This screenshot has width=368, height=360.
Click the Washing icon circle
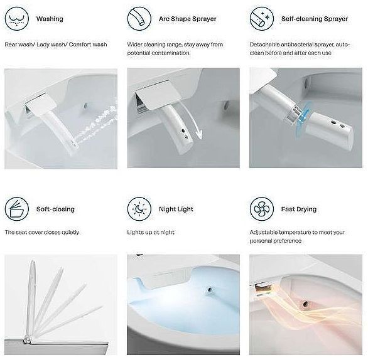pyautogui.click(x=17, y=19)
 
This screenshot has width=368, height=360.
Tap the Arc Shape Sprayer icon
pyautogui.click(x=139, y=19)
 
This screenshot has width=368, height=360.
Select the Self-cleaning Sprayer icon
pyautogui.click(x=262, y=19)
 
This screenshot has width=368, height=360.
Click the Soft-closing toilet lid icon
pyautogui.click(x=17, y=209)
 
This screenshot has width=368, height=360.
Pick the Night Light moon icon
pyautogui.click(x=139, y=209)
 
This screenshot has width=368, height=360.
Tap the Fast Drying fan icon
pyautogui.click(x=262, y=209)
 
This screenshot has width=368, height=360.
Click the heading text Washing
pyautogui.click(x=50, y=19)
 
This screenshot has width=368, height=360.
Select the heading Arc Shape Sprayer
pyautogui.click(x=188, y=19)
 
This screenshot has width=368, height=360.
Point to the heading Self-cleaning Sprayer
pyautogui.click(x=315, y=19)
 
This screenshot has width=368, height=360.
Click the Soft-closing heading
pyautogui.click(x=55, y=209)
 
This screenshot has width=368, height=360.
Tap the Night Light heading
pyautogui.click(x=176, y=209)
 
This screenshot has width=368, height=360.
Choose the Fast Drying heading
pyautogui.click(x=299, y=209)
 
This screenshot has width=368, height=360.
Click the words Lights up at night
pyautogui.click(x=151, y=232)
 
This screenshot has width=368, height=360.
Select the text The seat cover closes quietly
pyautogui.click(x=42, y=232)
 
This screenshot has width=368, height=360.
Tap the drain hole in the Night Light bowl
pyautogui.click(x=208, y=290)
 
